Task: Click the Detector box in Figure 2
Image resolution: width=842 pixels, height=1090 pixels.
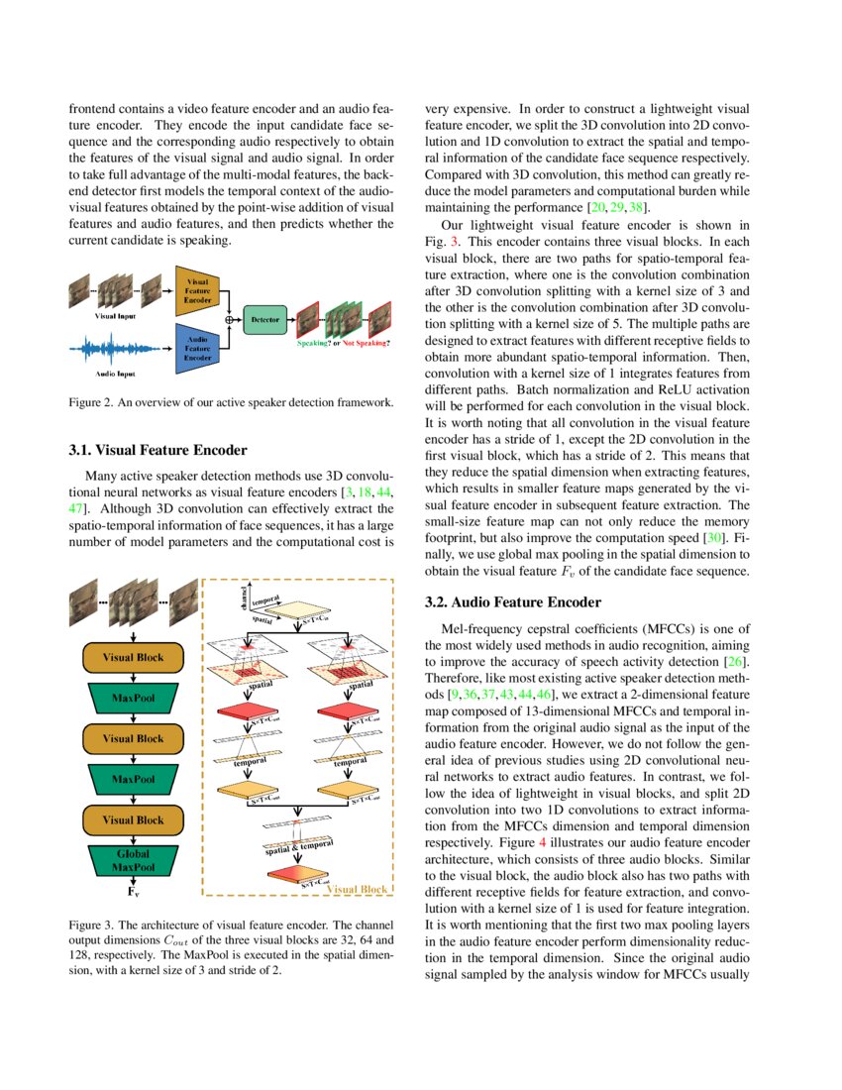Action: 264,320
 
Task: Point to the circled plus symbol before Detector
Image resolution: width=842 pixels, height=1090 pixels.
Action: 230,320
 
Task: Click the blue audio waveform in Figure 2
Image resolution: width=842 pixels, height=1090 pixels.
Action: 116,351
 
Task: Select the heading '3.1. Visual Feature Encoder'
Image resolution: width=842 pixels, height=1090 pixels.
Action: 158,450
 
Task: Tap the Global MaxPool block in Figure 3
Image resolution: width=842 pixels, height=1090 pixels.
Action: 133,860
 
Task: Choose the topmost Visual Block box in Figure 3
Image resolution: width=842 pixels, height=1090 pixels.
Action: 133,657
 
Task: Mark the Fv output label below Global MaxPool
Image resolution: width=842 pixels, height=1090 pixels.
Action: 133,892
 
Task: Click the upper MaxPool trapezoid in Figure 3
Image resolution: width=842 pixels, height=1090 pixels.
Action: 133,698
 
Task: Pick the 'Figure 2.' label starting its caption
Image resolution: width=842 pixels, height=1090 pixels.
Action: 91,402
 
